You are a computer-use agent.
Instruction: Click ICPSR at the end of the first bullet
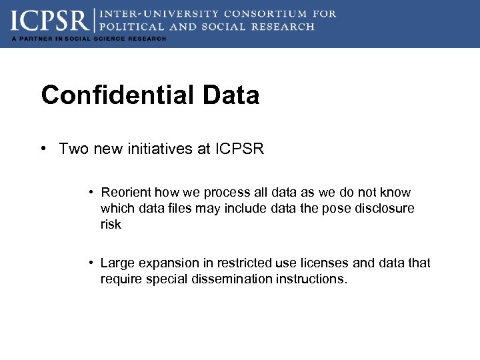coord(239,149)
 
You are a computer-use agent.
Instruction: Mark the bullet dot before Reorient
coord(90,192)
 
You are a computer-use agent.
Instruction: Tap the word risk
coord(111,225)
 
